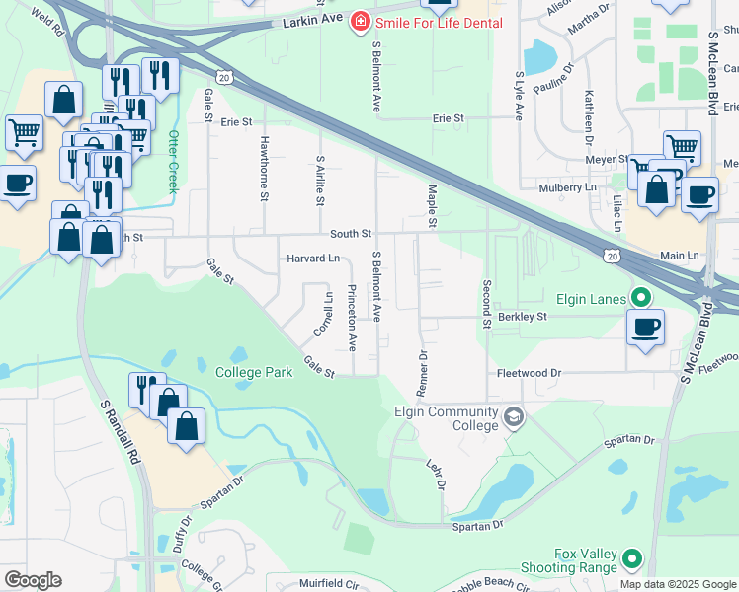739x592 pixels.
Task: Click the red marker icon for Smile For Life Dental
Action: pyautogui.click(x=363, y=22)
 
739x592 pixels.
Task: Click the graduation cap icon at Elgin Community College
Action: pyautogui.click(x=512, y=418)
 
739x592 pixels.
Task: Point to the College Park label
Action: pyautogui.click(x=254, y=372)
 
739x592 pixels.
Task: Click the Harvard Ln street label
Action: pyautogui.click(x=313, y=259)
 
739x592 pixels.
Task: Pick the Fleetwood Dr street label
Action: pyautogui.click(x=528, y=374)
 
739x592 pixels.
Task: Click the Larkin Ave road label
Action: pyautogui.click(x=311, y=22)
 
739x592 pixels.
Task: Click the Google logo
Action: pyautogui.click(x=33, y=580)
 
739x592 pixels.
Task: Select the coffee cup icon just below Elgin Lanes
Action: pyautogui.click(x=646, y=328)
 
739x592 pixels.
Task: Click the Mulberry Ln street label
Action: pyautogui.click(x=568, y=187)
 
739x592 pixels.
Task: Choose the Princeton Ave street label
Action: pyautogui.click(x=352, y=318)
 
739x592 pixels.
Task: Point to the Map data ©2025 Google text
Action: pyautogui.click(x=677, y=584)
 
